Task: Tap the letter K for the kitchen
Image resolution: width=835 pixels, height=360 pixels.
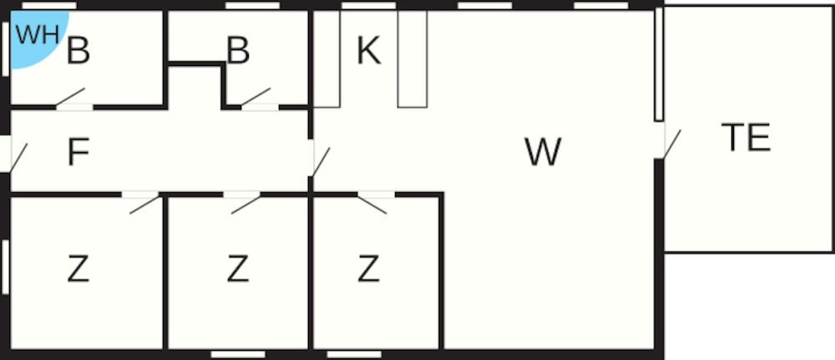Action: [368, 51]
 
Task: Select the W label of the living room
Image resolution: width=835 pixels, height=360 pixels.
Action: [543, 152]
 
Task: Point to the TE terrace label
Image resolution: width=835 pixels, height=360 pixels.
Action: [746, 138]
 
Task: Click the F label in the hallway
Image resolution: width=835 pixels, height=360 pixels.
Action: [78, 153]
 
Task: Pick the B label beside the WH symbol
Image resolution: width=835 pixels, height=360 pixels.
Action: [78, 52]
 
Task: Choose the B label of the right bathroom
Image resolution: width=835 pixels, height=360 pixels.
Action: [238, 52]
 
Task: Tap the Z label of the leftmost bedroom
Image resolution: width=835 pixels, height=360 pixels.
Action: [78, 270]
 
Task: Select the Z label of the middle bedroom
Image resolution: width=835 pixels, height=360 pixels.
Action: [238, 270]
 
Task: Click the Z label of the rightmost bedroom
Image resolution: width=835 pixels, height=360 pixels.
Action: [368, 270]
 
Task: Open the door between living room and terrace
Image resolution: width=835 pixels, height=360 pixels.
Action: [670, 143]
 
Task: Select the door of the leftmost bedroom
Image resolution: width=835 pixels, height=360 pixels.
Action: [143, 202]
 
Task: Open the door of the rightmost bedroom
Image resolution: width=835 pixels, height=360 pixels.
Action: [373, 202]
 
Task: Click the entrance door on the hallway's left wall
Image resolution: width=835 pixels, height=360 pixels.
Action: [16, 156]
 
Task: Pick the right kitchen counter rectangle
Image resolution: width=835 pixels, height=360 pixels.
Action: [412, 58]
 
